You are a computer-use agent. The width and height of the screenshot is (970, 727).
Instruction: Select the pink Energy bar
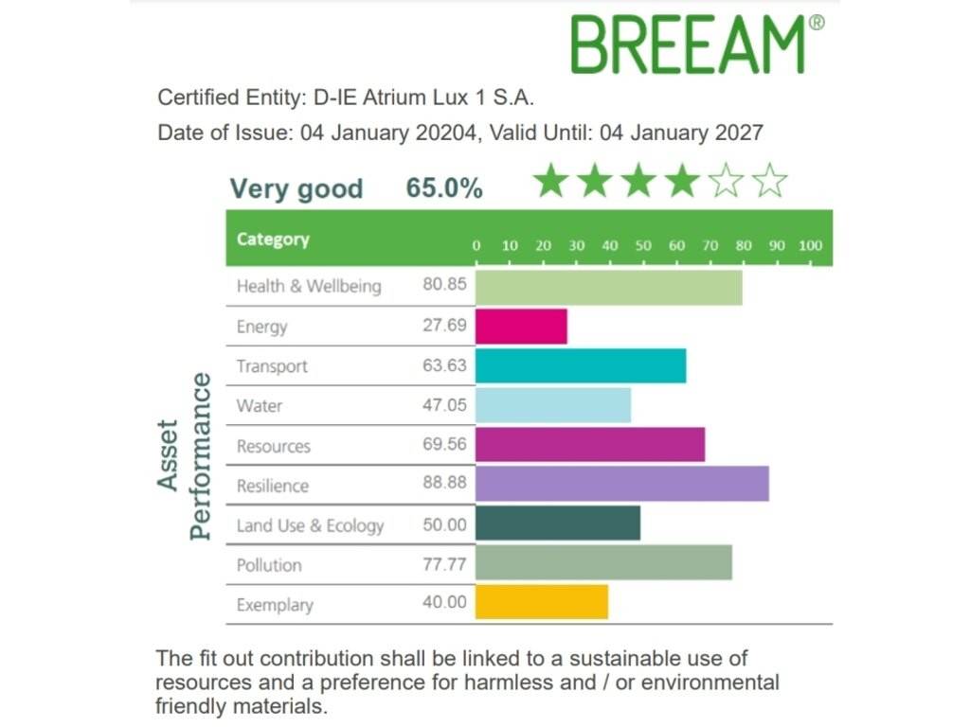(521, 327)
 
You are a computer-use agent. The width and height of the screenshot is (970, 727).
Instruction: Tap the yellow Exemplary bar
(541, 603)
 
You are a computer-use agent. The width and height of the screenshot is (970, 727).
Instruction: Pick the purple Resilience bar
(621, 485)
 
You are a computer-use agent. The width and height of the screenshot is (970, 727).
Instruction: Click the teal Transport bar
(580, 366)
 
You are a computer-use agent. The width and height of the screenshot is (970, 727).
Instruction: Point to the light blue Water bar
(552, 406)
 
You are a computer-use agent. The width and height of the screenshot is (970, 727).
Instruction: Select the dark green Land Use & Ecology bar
(557, 524)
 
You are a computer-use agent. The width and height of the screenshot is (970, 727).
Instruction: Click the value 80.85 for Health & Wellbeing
(444, 285)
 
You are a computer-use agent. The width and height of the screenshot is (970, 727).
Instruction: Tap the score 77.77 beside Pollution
(444, 564)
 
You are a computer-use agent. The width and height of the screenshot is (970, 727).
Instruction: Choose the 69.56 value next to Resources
(444, 445)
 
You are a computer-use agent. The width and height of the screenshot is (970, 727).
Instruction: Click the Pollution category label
(269, 565)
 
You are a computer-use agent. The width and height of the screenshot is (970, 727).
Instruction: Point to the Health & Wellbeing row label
(309, 286)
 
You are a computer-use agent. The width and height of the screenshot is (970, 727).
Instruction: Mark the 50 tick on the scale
(643, 246)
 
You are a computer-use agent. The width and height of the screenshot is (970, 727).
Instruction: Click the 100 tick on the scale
(810, 246)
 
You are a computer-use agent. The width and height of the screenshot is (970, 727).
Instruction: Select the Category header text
(273, 239)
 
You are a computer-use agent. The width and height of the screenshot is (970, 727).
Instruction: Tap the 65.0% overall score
(444, 188)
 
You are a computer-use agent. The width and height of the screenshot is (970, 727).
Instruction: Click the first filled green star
(550, 181)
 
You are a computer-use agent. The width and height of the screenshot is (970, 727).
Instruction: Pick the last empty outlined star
(771, 181)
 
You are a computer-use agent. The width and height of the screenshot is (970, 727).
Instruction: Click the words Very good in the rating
(296, 189)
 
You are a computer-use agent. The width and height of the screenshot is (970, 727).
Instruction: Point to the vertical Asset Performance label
(184, 455)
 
